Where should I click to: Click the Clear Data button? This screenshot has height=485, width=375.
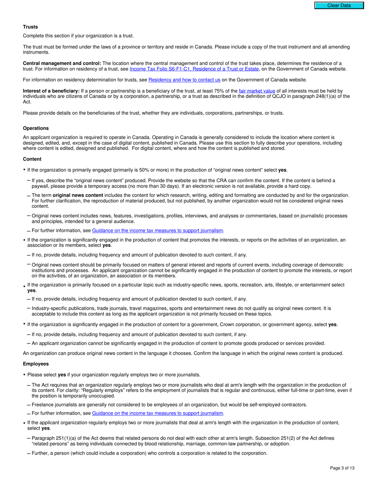tap(339, 6)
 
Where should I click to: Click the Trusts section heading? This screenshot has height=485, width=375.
tap(30, 27)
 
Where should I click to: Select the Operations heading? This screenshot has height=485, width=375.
tap(36, 128)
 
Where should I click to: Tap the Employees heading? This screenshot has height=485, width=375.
tap(36, 364)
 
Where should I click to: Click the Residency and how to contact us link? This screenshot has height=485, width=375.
tap(184, 80)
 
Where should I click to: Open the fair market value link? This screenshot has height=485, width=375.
tap(257, 91)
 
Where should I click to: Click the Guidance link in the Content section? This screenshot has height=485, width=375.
tap(157, 231)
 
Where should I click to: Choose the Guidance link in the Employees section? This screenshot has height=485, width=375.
tap(157, 413)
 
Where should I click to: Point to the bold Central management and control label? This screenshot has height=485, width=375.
tap(62, 63)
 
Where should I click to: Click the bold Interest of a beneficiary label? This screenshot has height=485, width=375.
tap(51, 91)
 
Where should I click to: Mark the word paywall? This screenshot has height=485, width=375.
tap(41, 186)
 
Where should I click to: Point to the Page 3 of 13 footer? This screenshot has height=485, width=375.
tap(342, 468)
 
